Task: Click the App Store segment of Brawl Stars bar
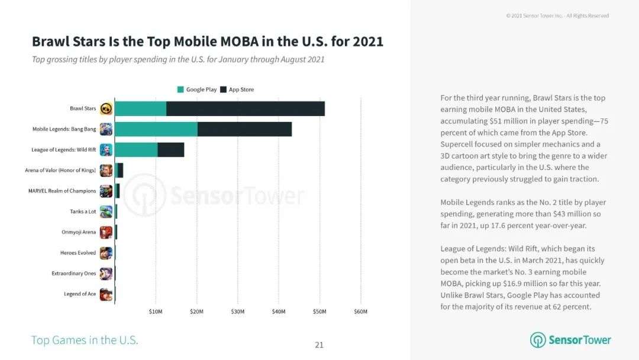[x=246, y=108]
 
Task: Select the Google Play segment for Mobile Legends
[x=156, y=129]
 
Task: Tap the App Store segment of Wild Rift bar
[x=171, y=150]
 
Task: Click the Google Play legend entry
[x=197, y=89]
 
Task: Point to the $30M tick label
[x=237, y=311]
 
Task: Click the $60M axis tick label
[x=360, y=311]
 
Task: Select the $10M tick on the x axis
[x=156, y=311]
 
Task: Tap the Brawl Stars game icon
[x=106, y=108]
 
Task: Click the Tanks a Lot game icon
[x=106, y=211]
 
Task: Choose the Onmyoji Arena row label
[x=79, y=232]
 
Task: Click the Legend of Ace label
[x=80, y=294]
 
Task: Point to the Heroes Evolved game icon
[x=106, y=253]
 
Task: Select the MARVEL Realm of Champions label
[x=62, y=191]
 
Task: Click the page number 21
[x=319, y=345]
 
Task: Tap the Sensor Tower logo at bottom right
[x=570, y=340]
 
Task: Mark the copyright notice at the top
[x=557, y=15]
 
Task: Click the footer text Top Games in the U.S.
[x=85, y=340]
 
